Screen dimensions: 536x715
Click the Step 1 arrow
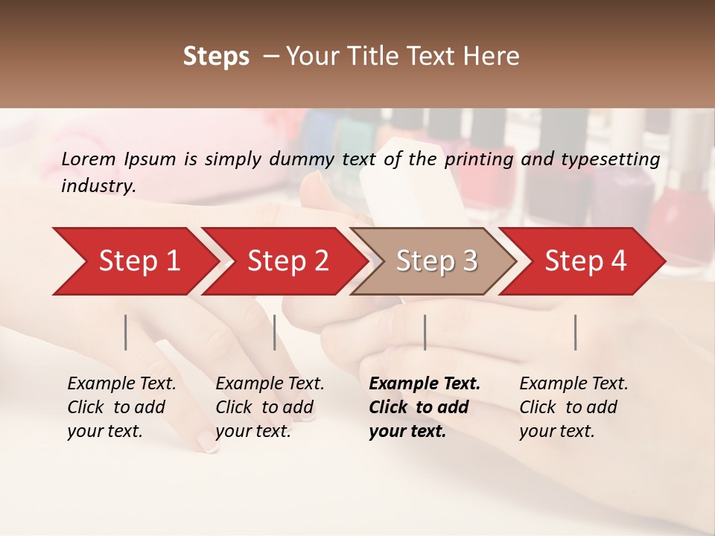tap(134, 261)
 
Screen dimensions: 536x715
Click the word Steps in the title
tap(216, 57)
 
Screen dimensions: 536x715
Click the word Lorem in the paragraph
tap(89, 159)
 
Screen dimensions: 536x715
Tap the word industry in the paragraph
tap(98, 185)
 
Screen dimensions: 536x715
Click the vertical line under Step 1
tap(126, 332)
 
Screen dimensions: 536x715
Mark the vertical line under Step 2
tap(275, 332)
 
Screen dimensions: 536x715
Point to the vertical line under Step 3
tap(425, 332)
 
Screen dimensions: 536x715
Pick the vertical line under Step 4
tap(576, 332)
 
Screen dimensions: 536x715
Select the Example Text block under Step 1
tap(121, 406)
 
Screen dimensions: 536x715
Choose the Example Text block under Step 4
tap(573, 406)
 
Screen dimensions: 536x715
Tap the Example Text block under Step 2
tap(270, 406)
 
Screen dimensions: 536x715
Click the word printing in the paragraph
tap(480, 159)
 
